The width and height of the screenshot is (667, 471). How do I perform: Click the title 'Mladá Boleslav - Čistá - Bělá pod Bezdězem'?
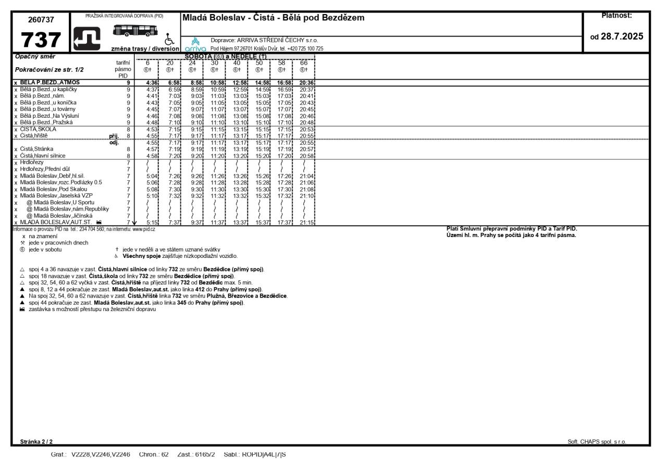(273, 18)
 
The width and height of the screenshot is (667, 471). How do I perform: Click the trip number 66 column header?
(304, 63)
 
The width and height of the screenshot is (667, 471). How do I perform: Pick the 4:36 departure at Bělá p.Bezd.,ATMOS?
(152, 82)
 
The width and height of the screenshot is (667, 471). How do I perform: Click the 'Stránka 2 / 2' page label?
(36, 442)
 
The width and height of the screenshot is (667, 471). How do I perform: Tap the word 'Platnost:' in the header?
(616, 16)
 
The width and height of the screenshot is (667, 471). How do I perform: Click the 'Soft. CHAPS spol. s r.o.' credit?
(597, 442)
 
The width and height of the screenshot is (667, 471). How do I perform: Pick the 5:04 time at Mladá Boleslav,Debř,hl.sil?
(152, 176)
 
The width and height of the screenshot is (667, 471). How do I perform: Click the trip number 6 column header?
(147, 63)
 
